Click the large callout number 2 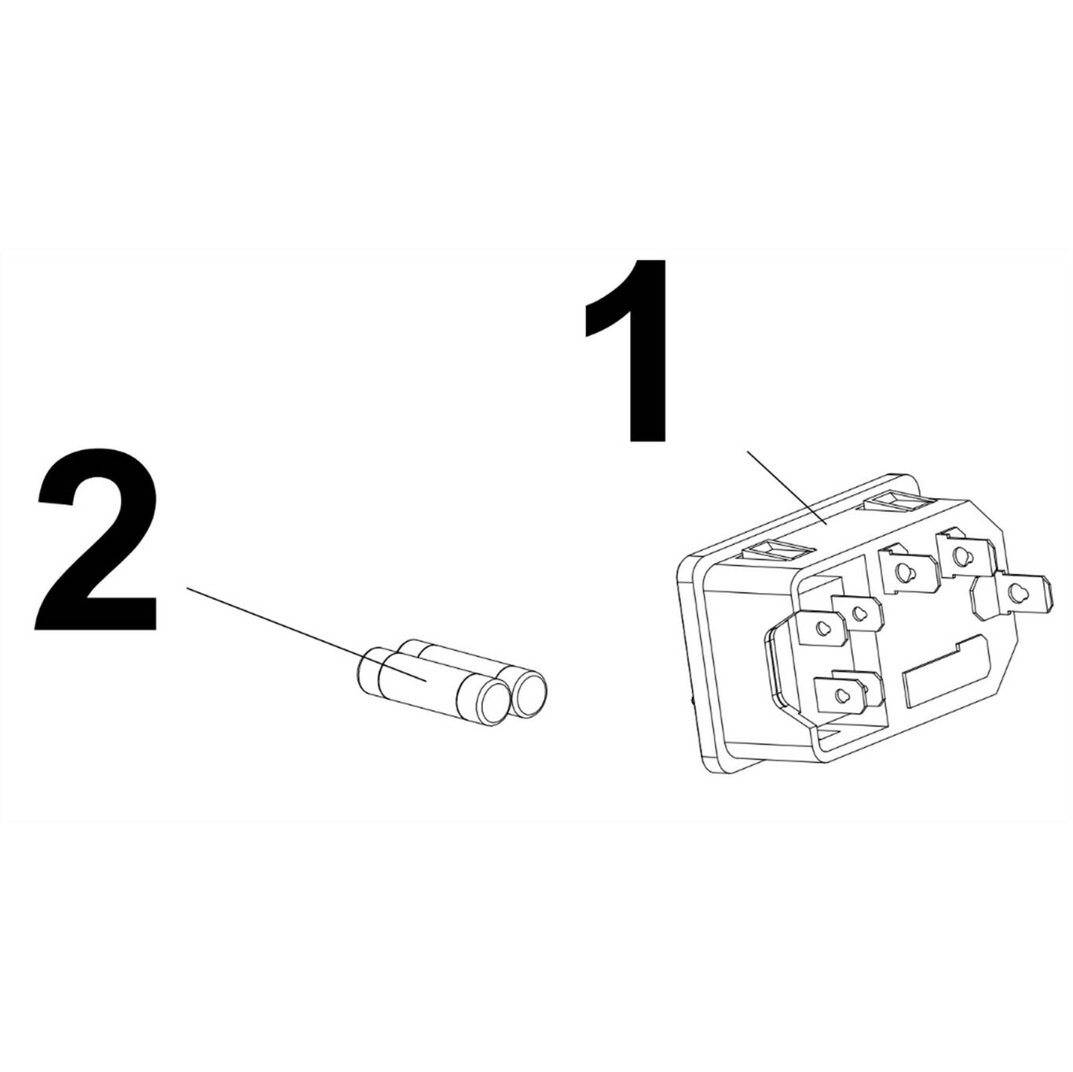click(x=96, y=542)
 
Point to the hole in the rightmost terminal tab click(x=1020, y=593)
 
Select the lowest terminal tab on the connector click(x=840, y=694)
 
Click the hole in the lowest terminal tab click(x=840, y=694)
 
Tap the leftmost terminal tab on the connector click(x=821, y=627)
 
